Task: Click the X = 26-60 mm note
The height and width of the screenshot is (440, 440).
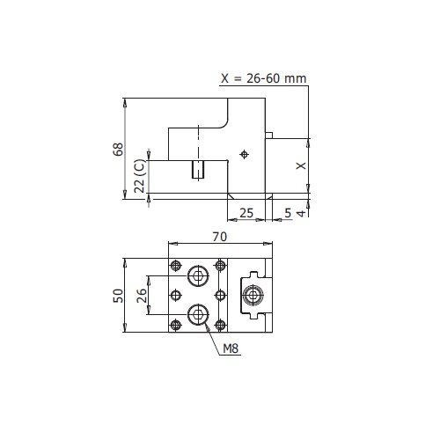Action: click(x=264, y=78)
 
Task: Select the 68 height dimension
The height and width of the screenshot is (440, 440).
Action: click(x=119, y=150)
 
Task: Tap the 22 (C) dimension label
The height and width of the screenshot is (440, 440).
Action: click(x=140, y=176)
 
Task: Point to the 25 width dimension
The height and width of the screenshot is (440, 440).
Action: click(x=246, y=213)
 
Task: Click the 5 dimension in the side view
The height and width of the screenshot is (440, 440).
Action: click(x=288, y=213)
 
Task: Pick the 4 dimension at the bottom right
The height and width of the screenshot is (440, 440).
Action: click(x=301, y=213)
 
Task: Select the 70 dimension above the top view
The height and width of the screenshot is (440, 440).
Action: click(x=220, y=237)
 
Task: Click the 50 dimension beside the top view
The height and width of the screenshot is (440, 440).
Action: click(x=119, y=296)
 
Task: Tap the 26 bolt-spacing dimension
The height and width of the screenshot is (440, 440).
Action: click(x=142, y=296)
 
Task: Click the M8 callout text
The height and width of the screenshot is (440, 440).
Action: click(x=231, y=348)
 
